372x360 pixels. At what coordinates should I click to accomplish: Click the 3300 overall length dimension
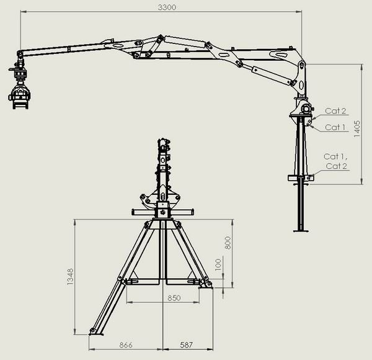coord(167,7)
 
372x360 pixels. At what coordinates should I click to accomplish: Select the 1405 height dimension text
coord(357,128)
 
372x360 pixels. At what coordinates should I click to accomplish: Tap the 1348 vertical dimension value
coord(70,277)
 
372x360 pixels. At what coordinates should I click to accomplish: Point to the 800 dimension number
coord(228,243)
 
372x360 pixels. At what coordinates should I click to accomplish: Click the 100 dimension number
coord(218,264)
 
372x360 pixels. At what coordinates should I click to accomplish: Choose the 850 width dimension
coord(174,298)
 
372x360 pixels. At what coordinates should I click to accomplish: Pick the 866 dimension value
coord(126,345)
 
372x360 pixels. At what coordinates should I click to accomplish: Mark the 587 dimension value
coord(186,345)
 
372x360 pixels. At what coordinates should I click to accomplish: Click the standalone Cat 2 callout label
coord(335,110)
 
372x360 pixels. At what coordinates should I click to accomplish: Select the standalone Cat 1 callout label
coord(335,127)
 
